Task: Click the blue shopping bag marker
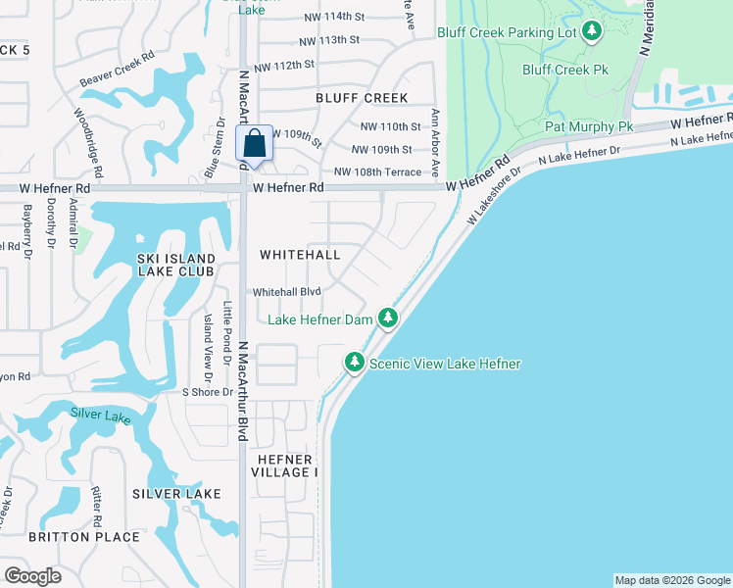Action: (254, 144)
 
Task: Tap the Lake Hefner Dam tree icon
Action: (389, 318)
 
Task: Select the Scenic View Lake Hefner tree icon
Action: (355, 363)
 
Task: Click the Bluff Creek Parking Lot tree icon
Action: (592, 32)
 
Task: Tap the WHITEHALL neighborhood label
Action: (300, 255)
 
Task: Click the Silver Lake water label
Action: (99, 414)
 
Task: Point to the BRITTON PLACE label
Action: (84, 537)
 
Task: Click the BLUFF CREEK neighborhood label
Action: (362, 98)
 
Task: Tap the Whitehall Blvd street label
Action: (287, 292)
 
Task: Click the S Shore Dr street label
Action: (208, 392)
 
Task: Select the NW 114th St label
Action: (329, 17)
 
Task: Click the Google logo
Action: (32, 575)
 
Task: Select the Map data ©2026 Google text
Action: (671, 580)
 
